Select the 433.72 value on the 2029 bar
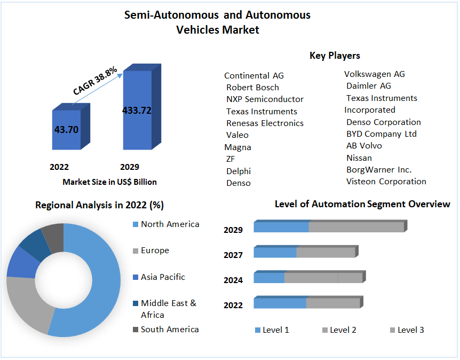pos(137,111)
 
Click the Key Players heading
pos(335,56)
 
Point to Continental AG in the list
pos(254,76)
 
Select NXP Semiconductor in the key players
pos(265,99)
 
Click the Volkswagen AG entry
pos(375,74)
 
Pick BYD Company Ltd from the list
pos(381,134)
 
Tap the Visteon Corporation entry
pos(386,182)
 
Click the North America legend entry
pos(170,224)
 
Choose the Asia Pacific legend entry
pos(163,277)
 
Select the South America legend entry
pos(169,330)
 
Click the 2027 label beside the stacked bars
pos(233,255)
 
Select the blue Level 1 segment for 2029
pos(281,227)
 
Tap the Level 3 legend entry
pos(410,330)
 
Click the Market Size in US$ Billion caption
pos(109,182)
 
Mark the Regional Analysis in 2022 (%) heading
pos(99,205)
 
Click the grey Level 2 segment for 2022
pos(333,303)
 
